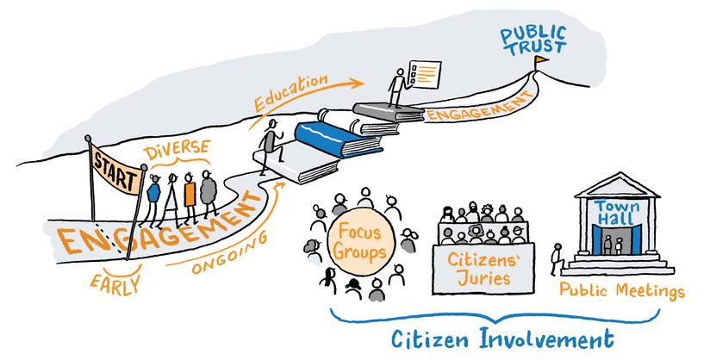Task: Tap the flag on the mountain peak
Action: click(x=540, y=62)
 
